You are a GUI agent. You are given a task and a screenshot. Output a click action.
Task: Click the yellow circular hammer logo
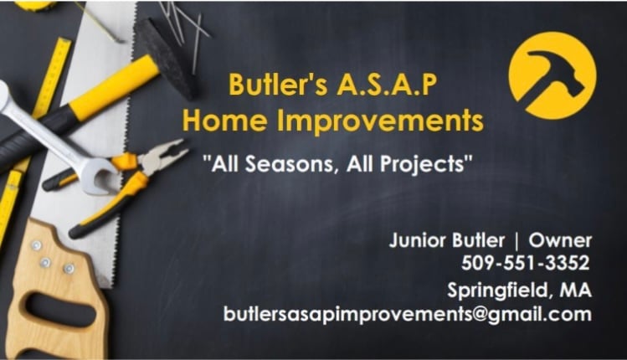tap(552, 75)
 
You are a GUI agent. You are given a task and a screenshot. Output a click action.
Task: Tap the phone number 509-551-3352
tap(525, 263)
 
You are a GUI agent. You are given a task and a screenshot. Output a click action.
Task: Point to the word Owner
tap(560, 240)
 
